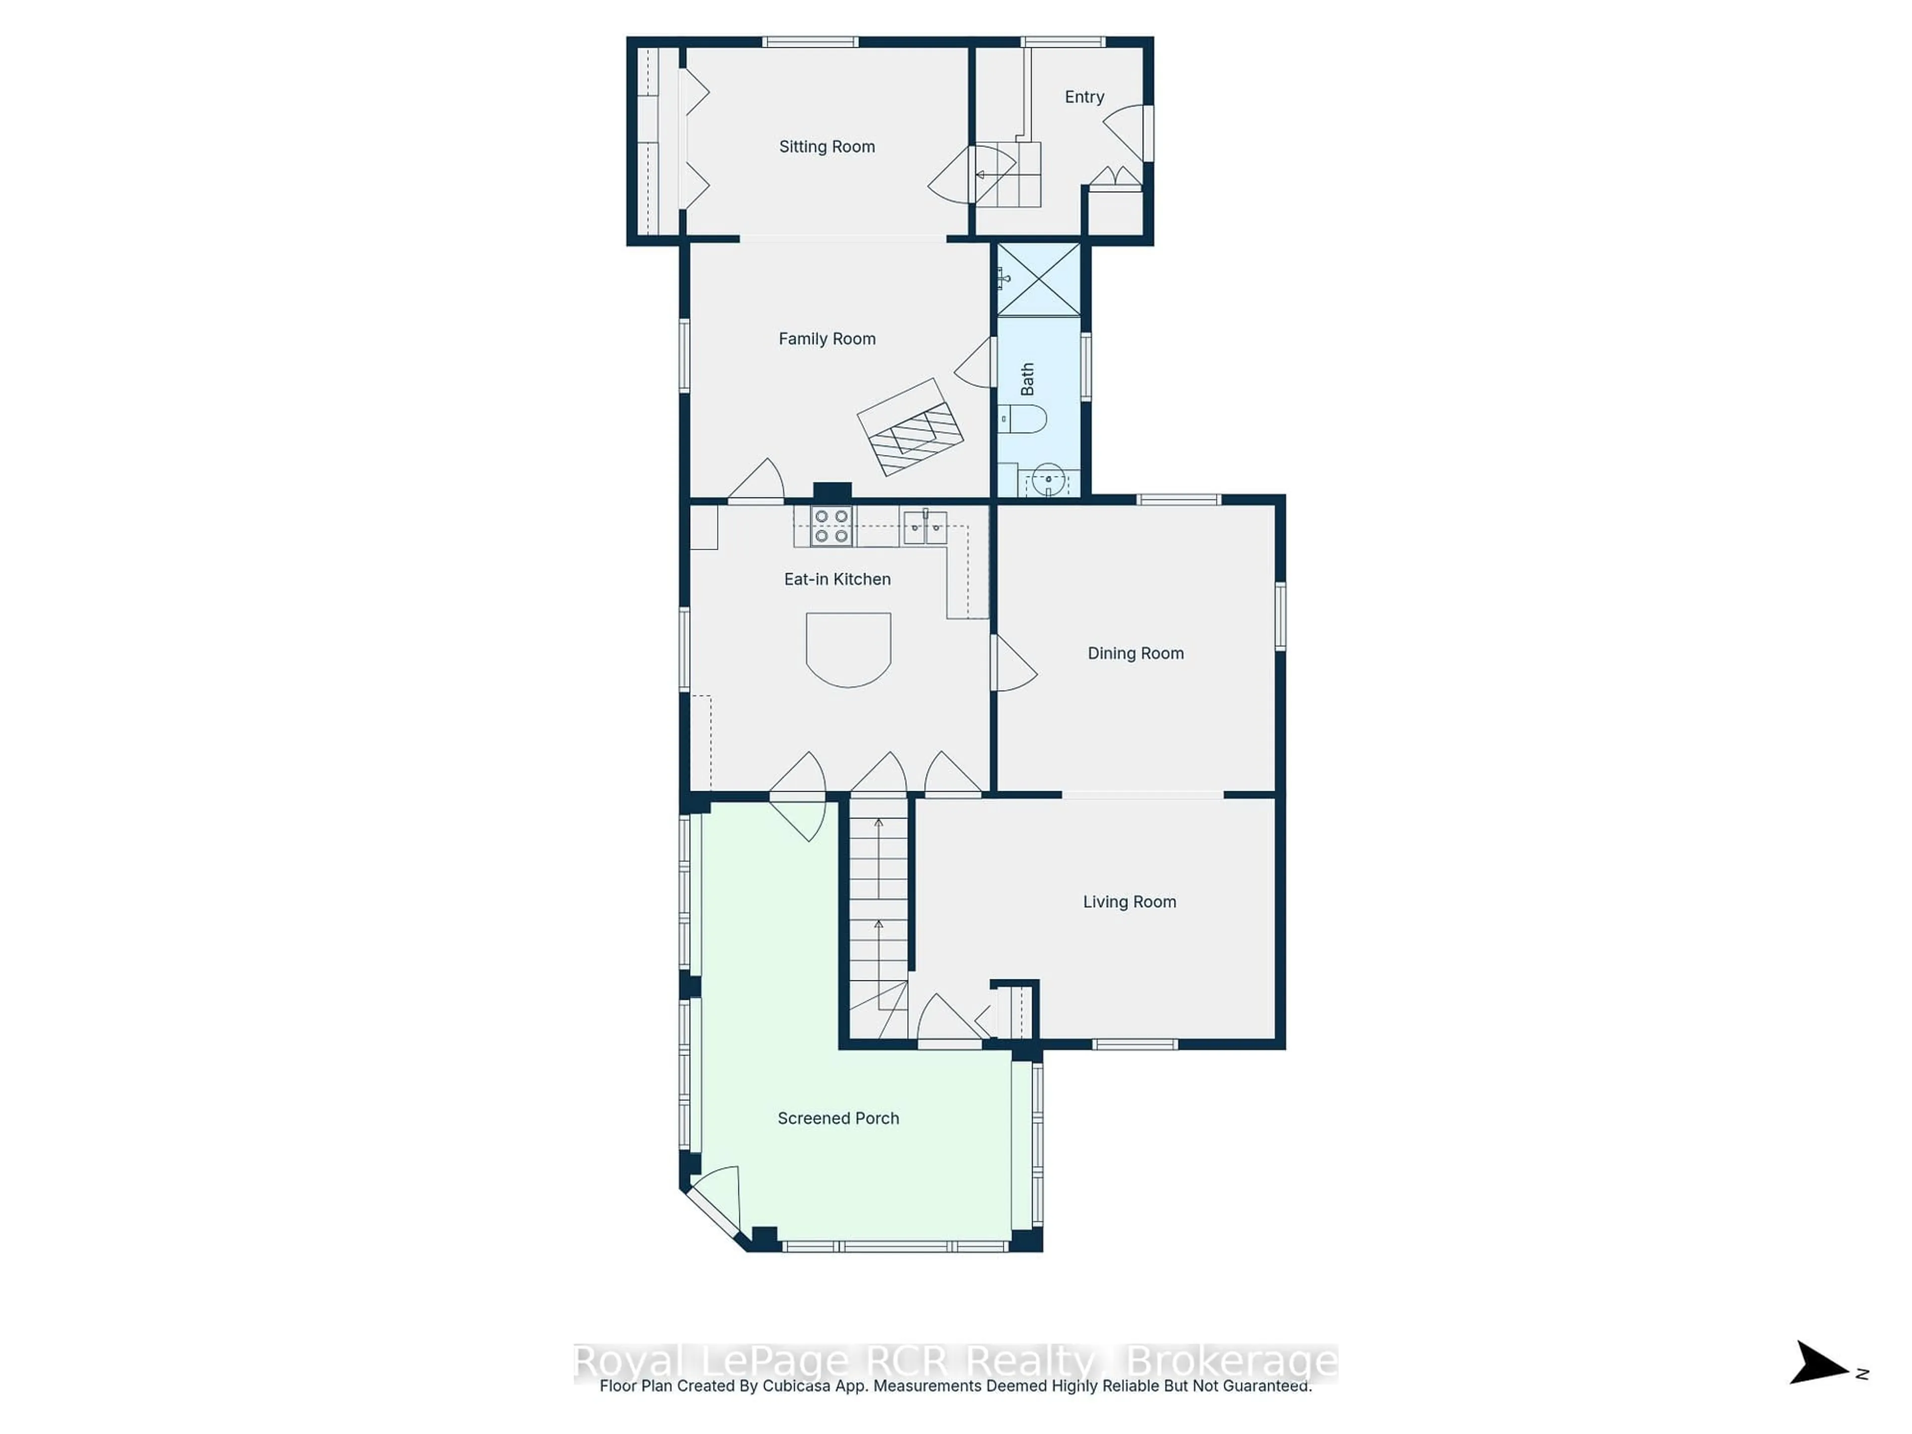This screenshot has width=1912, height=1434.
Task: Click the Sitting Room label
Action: click(827, 147)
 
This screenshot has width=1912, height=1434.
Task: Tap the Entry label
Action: click(1084, 97)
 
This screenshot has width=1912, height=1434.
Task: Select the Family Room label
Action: click(827, 339)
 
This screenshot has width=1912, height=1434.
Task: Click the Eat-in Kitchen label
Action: click(836, 579)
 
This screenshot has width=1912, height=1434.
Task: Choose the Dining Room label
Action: click(1135, 653)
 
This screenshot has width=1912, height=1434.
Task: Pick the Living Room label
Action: click(1129, 902)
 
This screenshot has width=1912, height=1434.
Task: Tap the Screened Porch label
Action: click(837, 1118)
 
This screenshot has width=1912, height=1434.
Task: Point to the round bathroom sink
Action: click(1048, 479)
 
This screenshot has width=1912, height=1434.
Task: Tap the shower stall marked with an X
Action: click(1038, 279)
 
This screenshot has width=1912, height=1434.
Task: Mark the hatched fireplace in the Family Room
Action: click(910, 427)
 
